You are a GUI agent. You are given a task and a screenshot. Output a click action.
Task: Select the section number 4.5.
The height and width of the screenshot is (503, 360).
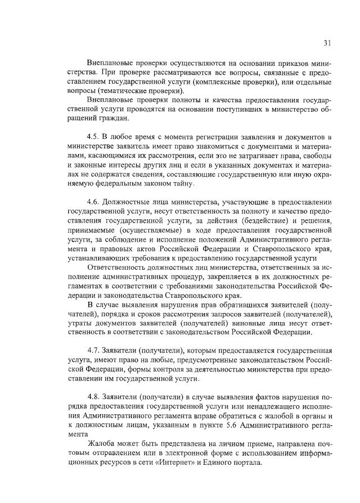coord(94,137)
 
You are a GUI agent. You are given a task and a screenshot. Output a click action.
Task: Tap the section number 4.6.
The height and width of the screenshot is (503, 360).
coord(94,201)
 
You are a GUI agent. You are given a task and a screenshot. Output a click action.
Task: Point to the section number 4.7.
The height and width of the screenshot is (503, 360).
coord(94,348)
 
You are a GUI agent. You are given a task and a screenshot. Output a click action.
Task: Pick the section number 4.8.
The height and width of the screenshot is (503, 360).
coord(94,395)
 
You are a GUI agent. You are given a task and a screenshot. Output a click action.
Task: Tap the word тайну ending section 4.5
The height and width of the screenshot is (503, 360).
coord(182,184)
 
